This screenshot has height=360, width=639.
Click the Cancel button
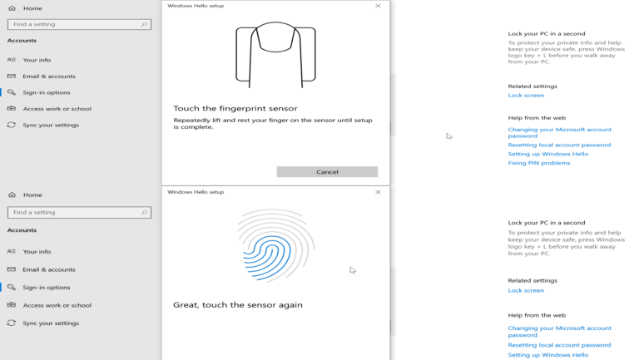coord(327,172)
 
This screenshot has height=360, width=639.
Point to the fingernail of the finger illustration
coord(275,37)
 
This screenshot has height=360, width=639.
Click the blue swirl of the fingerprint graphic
coord(267,258)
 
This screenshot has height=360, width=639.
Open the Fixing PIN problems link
coord(539,163)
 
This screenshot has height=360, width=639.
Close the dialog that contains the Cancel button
coord(378,6)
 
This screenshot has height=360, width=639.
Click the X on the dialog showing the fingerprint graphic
coord(378,192)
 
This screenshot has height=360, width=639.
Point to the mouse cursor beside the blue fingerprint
coord(353,270)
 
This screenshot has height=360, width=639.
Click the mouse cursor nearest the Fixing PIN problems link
coord(449,136)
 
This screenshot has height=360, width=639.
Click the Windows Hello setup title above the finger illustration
coord(196,6)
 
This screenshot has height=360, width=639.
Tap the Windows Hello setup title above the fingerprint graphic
coord(196,192)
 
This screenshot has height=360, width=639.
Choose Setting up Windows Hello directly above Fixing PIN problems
coord(548,154)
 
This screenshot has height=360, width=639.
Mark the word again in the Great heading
coord(290,305)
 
